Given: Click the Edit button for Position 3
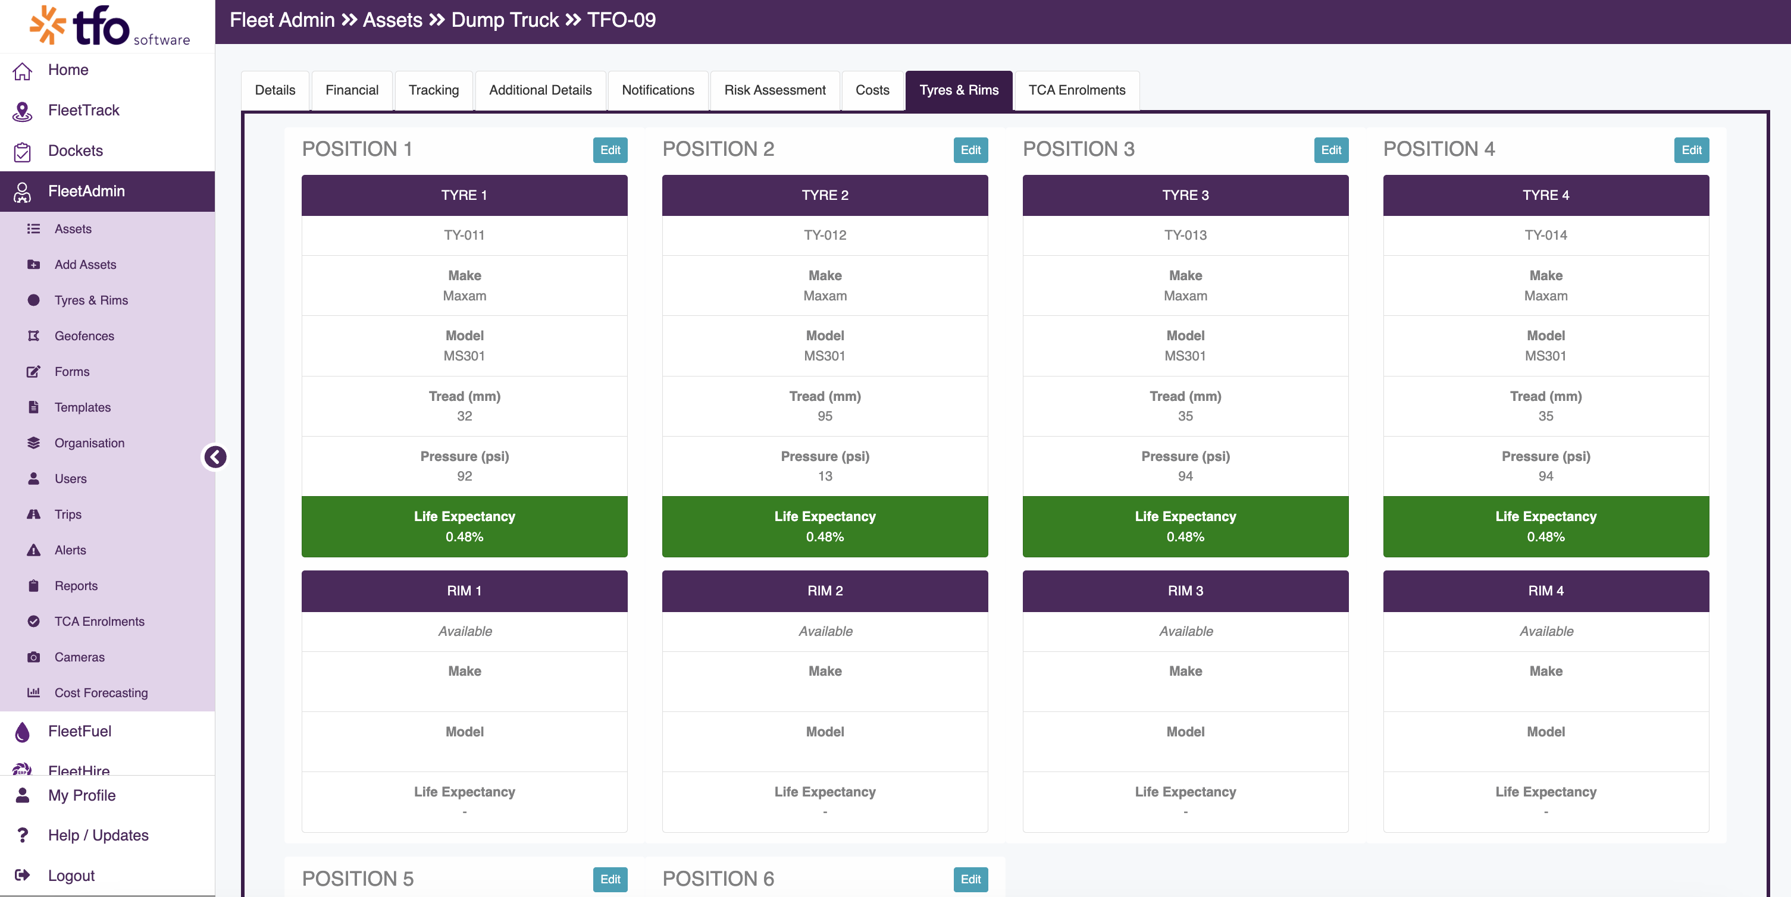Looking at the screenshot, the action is point(1330,150).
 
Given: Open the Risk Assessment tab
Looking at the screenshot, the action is point(775,90).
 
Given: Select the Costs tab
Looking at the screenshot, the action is point(872,90).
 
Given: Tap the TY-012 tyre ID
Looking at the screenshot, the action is point(825,235).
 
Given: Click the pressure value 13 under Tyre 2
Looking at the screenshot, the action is point(825,476).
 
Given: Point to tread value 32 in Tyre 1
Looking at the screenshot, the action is point(465,416).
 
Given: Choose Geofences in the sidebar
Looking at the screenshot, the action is point(84,336).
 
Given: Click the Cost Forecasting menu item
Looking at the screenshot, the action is point(101,693).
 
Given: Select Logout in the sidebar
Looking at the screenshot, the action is point(71,876).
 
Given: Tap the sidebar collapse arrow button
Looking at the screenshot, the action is point(215,456).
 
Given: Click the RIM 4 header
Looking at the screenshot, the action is point(1546,591).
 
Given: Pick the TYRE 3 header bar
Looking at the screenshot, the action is point(1185,195).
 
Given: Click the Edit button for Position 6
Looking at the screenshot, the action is point(970,879).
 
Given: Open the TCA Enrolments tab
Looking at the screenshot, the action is point(1076,90).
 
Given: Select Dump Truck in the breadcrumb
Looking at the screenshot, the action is point(505,20).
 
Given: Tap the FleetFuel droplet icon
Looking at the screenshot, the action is point(22,732).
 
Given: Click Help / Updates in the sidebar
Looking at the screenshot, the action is point(98,835).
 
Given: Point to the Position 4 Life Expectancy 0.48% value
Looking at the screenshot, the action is point(1546,537).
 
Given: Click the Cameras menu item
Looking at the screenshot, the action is point(79,657).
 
